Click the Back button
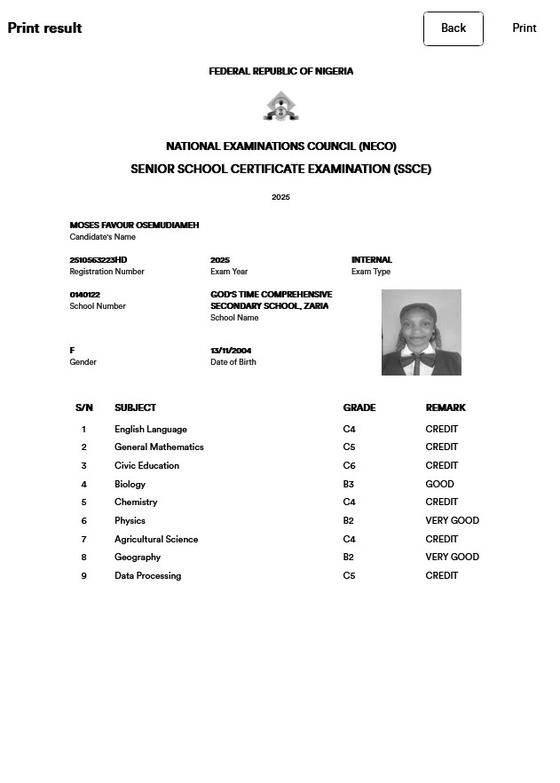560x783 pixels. tap(454, 28)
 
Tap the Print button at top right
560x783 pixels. tap(525, 28)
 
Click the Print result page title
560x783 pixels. tap(44, 28)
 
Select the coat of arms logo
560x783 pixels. tap(280, 107)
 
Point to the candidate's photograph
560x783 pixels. tap(422, 332)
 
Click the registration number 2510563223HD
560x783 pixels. tap(99, 260)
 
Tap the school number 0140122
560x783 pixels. tap(85, 295)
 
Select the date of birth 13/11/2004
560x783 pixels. tap(231, 351)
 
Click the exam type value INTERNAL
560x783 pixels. tap(371, 260)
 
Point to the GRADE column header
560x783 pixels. tap(359, 408)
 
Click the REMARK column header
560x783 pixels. tap(446, 408)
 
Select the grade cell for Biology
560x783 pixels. tap(349, 485)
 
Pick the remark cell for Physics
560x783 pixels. tap(452, 521)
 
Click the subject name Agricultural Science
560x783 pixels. tap(156, 540)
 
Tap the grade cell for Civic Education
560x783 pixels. tap(349, 466)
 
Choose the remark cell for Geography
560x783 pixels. tap(452, 558)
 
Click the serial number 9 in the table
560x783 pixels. tap(84, 576)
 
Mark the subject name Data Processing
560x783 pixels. tap(147, 576)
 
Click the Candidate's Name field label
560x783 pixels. tap(103, 237)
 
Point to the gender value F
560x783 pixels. tap(73, 351)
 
